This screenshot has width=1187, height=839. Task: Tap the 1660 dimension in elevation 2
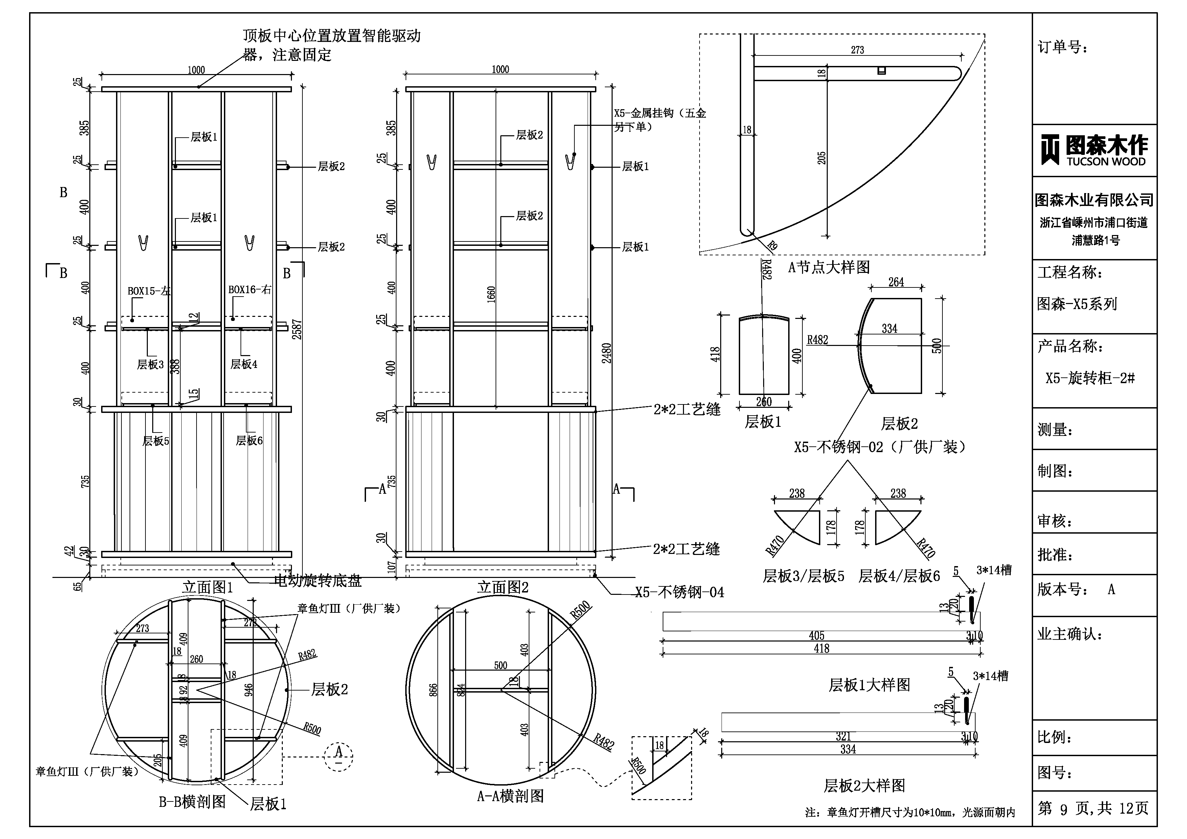click(491, 295)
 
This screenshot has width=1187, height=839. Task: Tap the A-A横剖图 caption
click(510, 796)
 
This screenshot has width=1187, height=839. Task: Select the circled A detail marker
click(339, 756)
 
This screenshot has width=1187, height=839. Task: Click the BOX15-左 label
click(149, 291)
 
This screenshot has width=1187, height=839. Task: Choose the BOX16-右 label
click(250, 289)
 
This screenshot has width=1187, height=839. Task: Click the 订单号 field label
click(1063, 48)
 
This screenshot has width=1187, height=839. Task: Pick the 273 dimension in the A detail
click(857, 50)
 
